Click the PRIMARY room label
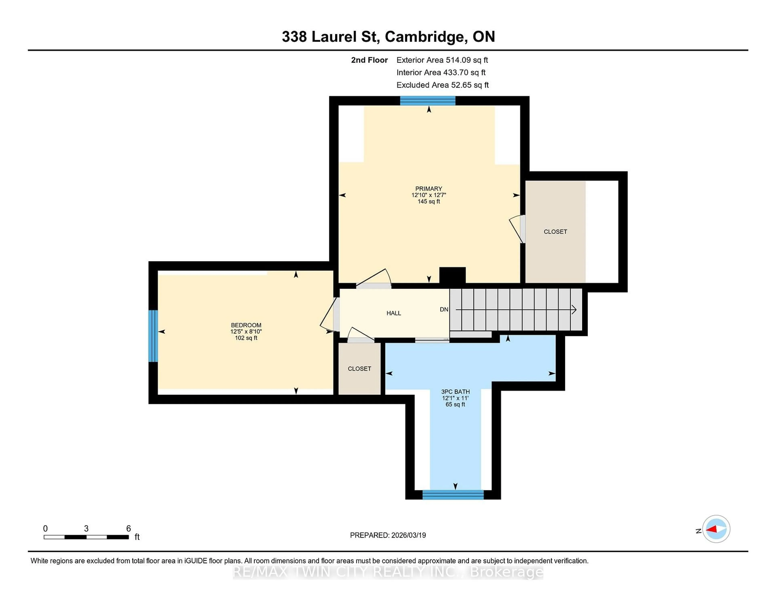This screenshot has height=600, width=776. (x=428, y=189)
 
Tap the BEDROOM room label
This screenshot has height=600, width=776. (x=246, y=325)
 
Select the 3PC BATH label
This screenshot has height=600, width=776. (x=455, y=392)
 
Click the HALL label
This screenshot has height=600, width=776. (x=394, y=313)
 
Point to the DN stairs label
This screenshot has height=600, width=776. (x=444, y=310)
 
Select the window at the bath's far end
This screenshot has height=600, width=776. (x=453, y=494)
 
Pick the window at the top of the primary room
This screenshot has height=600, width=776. (x=428, y=101)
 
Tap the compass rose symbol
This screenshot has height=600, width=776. (x=716, y=529)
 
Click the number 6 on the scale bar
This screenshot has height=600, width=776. (x=129, y=529)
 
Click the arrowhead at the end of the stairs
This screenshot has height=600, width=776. (x=574, y=310)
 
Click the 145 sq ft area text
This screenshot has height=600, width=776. (x=428, y=202)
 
